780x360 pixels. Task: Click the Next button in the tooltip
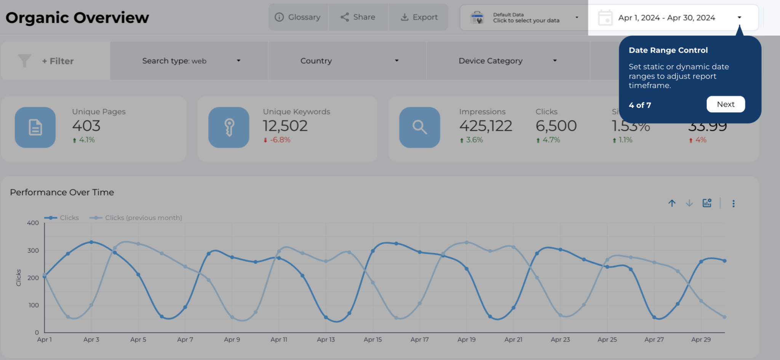(726, 104)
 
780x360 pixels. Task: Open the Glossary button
(298, 17)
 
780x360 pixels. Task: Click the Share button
(358, 17)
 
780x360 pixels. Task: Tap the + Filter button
(57, 61)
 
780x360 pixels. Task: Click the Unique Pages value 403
(86, 126)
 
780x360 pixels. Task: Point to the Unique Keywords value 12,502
(285, 126)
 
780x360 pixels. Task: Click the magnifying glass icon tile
(419, 127)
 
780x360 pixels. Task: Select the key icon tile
(229, 127)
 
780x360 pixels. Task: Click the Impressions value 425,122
(486, 126)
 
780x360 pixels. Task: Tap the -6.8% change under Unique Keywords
(280, 140)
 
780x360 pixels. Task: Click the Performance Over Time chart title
(62, 192)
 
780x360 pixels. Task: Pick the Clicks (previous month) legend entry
(143, 218)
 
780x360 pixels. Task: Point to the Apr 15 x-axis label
(372, 339)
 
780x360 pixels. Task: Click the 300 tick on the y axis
(33, 251)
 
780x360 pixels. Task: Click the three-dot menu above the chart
(733, 203)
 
